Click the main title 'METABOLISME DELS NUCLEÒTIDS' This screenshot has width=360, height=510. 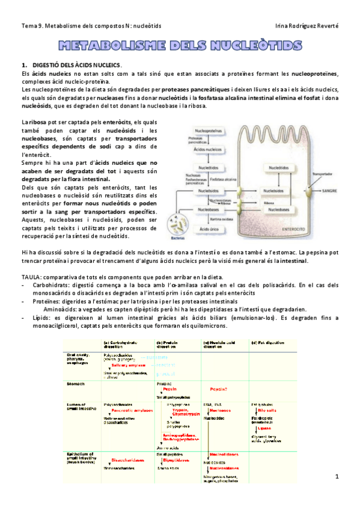(x=180, y=46)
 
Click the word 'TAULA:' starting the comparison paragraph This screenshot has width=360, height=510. (x=32, y=275)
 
